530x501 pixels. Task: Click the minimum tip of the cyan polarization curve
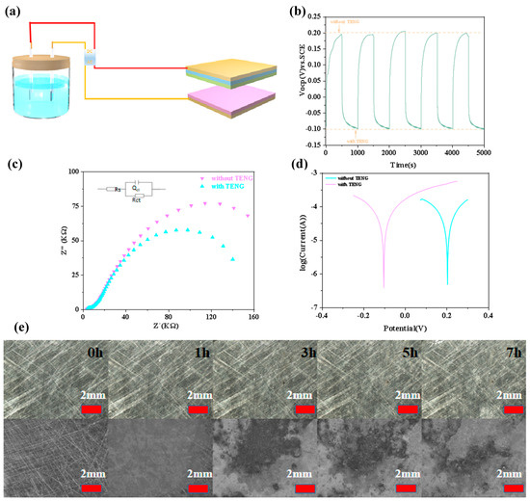[x=447, y=283]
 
